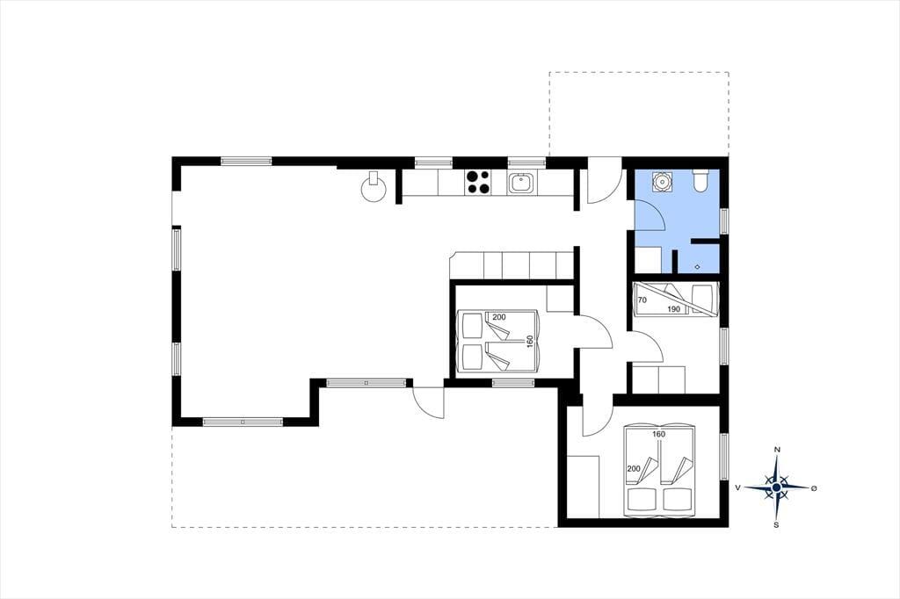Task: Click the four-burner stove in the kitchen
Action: coord(478,182)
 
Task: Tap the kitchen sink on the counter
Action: coord(522,184)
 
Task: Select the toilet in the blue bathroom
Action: coord(701,180)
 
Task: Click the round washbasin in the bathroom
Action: coord(661,181)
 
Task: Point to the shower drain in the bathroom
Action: coord(697,266)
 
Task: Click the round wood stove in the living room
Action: coord(373,187)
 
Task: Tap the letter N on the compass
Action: coord(777,450)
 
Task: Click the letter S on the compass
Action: coord(777,524)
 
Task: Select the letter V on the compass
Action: coord(738,487)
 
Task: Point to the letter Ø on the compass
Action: coord(813,488)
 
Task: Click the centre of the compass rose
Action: coord(777,487)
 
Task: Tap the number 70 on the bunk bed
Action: coord(642,300)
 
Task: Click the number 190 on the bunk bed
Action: coord(674,309)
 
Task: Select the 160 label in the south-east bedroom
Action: coord(658,435)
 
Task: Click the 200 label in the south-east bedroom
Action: coord(634,469)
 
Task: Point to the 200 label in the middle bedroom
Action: coord(499,317)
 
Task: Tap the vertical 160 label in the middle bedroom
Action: coord(530,341)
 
